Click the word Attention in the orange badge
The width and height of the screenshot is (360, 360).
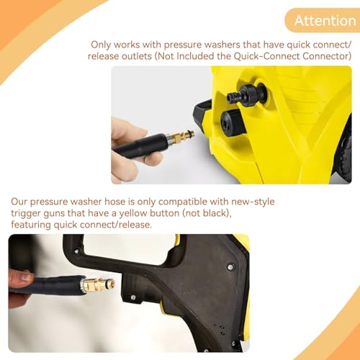(325, 21)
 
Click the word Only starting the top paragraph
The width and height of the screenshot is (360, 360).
(101, 45)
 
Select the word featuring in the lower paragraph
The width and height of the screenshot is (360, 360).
(31, 225)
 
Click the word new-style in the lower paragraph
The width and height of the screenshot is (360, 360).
(253, 202)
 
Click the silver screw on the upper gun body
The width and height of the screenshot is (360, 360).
(230, 266)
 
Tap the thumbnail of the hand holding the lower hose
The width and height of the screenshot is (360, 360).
(27, 277)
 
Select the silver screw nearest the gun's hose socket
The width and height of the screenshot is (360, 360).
(133, 297)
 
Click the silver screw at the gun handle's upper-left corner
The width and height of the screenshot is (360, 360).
(76, 251)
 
